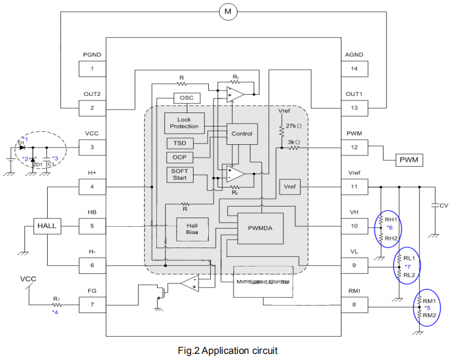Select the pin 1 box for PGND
(x=92, y=68)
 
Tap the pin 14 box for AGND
(x=354, y=68)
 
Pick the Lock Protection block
(x=184, y=122)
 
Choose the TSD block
(x=180, y=144)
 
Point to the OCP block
(x=180, y=158)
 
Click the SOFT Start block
(x=180, y=174)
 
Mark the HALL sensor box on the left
(x=46, y=226)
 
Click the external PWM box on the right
(x=407, y=160)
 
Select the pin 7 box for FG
(x=92, y=304)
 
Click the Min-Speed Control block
(x=263, y=282)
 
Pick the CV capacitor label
(x=443, y=206)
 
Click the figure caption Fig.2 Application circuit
(x=227, y=350)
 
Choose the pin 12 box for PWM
(x=354, y=147)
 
